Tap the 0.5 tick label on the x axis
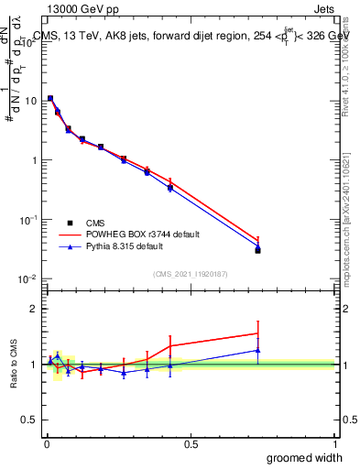point(191,444)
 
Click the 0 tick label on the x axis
point(46,444)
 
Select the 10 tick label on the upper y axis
point(29,101)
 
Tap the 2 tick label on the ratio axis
point(34,309)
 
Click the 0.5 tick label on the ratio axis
point(30,420)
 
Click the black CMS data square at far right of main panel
point(258,250)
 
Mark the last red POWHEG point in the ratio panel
point(258,333)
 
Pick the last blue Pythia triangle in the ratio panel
point(258,350)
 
